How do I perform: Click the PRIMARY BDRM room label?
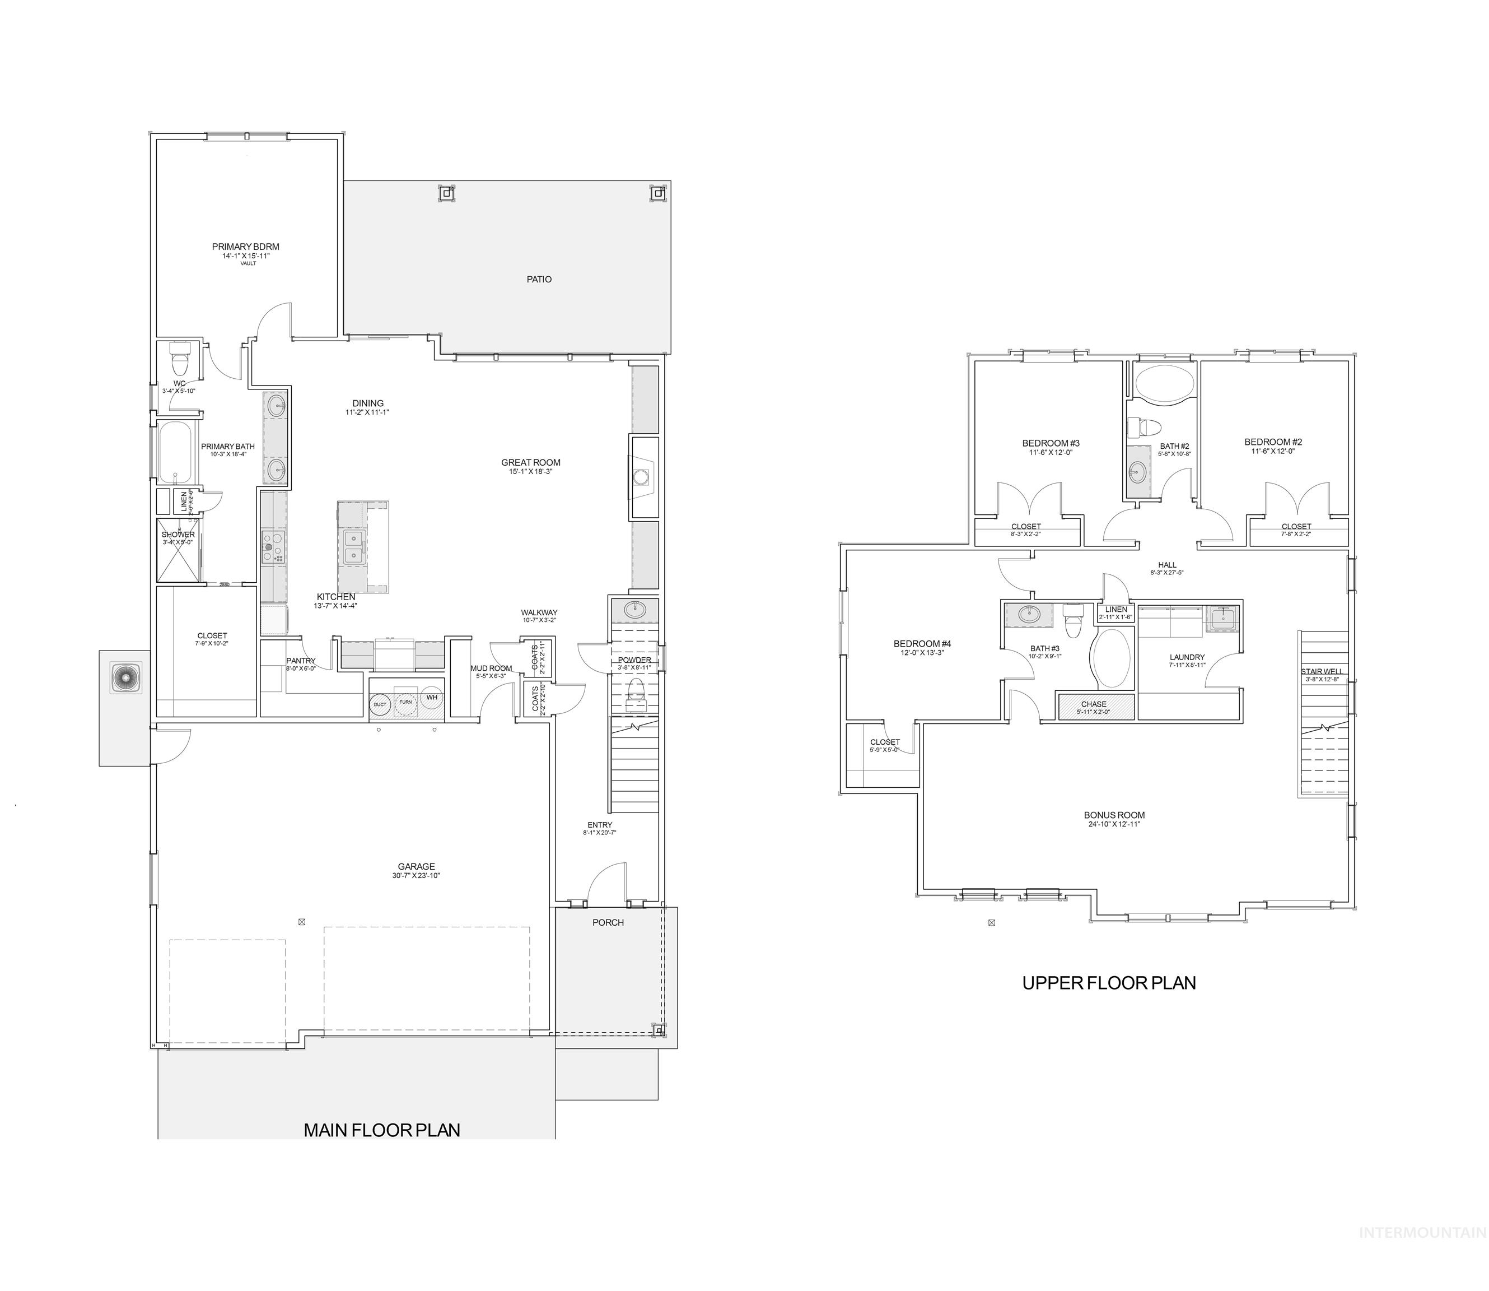[245, 247]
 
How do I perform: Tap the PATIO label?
[539, 280]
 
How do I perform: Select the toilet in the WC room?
[179, 355]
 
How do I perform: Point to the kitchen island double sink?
[353, 547]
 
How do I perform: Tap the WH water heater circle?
[431, 698]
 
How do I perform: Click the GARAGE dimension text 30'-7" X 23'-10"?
[416, 876]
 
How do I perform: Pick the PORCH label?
[608, 922]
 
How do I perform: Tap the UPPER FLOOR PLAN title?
[1109, 983]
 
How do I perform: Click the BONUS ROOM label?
[1114, 815]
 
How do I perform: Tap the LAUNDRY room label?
[1187, 657]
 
